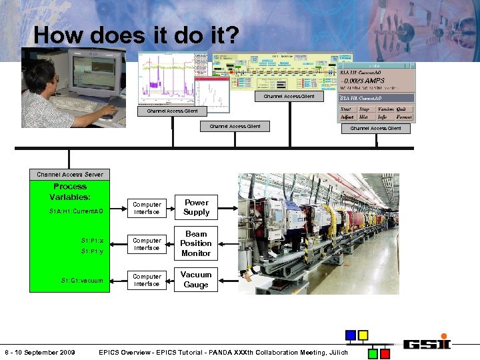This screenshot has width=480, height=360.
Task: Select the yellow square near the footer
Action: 363,335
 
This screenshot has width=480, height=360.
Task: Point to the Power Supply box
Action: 196,207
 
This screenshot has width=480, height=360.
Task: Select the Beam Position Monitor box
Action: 196,244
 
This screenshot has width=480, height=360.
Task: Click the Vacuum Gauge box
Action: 196,279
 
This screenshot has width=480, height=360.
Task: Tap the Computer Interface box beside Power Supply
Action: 147,208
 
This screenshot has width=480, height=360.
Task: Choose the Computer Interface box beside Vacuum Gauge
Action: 147,280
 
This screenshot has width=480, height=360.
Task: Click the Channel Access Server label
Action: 70,174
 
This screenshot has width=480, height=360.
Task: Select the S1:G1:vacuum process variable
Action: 82,281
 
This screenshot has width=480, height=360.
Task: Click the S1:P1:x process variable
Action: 92,240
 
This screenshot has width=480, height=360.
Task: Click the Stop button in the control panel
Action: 365,109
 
